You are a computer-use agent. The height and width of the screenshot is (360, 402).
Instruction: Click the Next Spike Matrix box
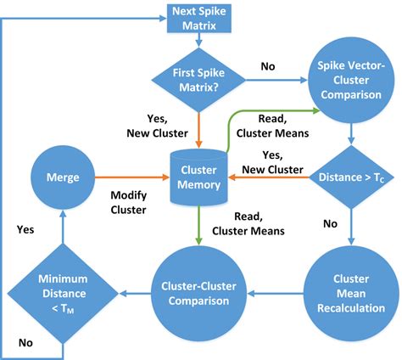[x=199, y=19]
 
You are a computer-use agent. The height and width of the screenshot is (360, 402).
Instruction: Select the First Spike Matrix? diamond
[x=198, y=80]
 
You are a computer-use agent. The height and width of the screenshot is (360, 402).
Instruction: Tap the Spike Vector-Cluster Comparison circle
[x=351, y=80]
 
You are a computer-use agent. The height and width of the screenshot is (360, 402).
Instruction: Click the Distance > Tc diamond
[x=351, y=177]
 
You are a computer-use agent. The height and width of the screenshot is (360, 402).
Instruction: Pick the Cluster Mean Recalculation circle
[x=351, y=294]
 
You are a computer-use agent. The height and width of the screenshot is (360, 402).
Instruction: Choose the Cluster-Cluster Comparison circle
[x=198, y=294]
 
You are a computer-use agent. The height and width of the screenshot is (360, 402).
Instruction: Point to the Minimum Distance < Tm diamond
[x=63, y=294]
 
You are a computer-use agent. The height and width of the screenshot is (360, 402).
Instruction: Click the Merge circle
[x=63, y=177]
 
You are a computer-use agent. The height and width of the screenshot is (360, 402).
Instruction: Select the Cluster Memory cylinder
[x=198, y=177]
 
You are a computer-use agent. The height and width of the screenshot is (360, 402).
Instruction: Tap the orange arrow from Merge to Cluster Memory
[x=132, y=177]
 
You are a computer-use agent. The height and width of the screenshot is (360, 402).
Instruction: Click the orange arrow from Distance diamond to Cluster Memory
[x=269, y=177]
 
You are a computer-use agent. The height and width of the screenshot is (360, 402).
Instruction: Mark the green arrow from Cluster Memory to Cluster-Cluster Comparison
[x=198, y=225]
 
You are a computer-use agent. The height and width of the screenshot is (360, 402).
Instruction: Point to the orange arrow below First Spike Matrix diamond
[x=198, y=131]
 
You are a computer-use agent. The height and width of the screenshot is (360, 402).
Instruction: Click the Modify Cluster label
[x=129, y=202]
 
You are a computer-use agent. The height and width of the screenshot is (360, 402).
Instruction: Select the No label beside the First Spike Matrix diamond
[x=268, y=66]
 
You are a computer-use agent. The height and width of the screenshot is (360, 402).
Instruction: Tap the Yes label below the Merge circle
[x=25, y=229]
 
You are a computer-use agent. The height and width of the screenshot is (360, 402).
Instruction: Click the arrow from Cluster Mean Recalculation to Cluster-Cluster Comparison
[x=276, y=294]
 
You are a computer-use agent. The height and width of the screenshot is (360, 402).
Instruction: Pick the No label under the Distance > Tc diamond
[x=330, y=224]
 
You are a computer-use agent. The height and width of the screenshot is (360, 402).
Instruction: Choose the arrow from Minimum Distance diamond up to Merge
[x=63, y=227]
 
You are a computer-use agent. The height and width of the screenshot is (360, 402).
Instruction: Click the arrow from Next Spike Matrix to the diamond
[x=199, y=40]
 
